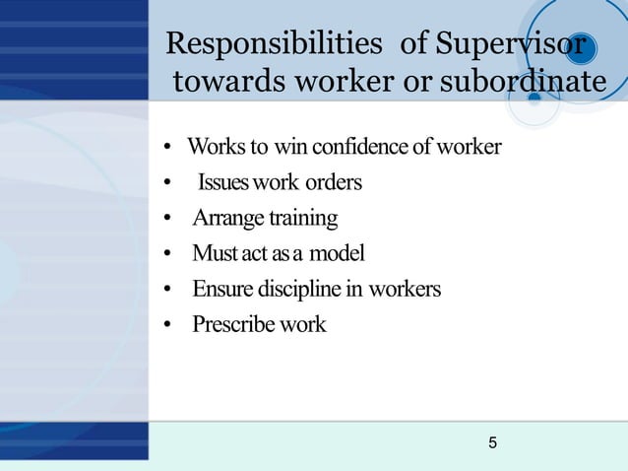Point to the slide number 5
click(492, 443)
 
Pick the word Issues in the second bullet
click(223, 183)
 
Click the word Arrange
click(222, 219)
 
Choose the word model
click(337, 254)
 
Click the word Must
click(215, 254)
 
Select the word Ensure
click(223, 290)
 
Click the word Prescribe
click(232, 324)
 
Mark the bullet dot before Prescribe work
click(169, 325)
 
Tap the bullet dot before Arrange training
click(169, 219)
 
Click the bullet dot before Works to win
click(169, 149)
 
